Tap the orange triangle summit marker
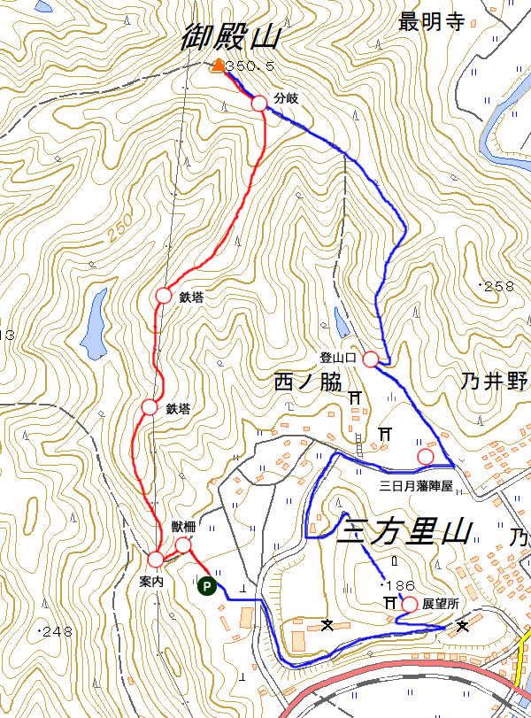pos(218,65)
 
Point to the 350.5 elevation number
pos(251,66)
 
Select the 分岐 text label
pos(286,98)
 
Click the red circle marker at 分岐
pos(259,104)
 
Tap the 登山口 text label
pos(337,358)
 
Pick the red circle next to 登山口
pos(371,359)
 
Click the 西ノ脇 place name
pos(308,382)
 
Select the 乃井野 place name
pos(494,382)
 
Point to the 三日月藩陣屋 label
pos(415,486)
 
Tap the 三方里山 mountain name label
pos(404,532)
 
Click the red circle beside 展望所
pos(409,604)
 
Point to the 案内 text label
pos(151,582)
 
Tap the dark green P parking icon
pos(204,584)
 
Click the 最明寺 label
pos(431,22)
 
